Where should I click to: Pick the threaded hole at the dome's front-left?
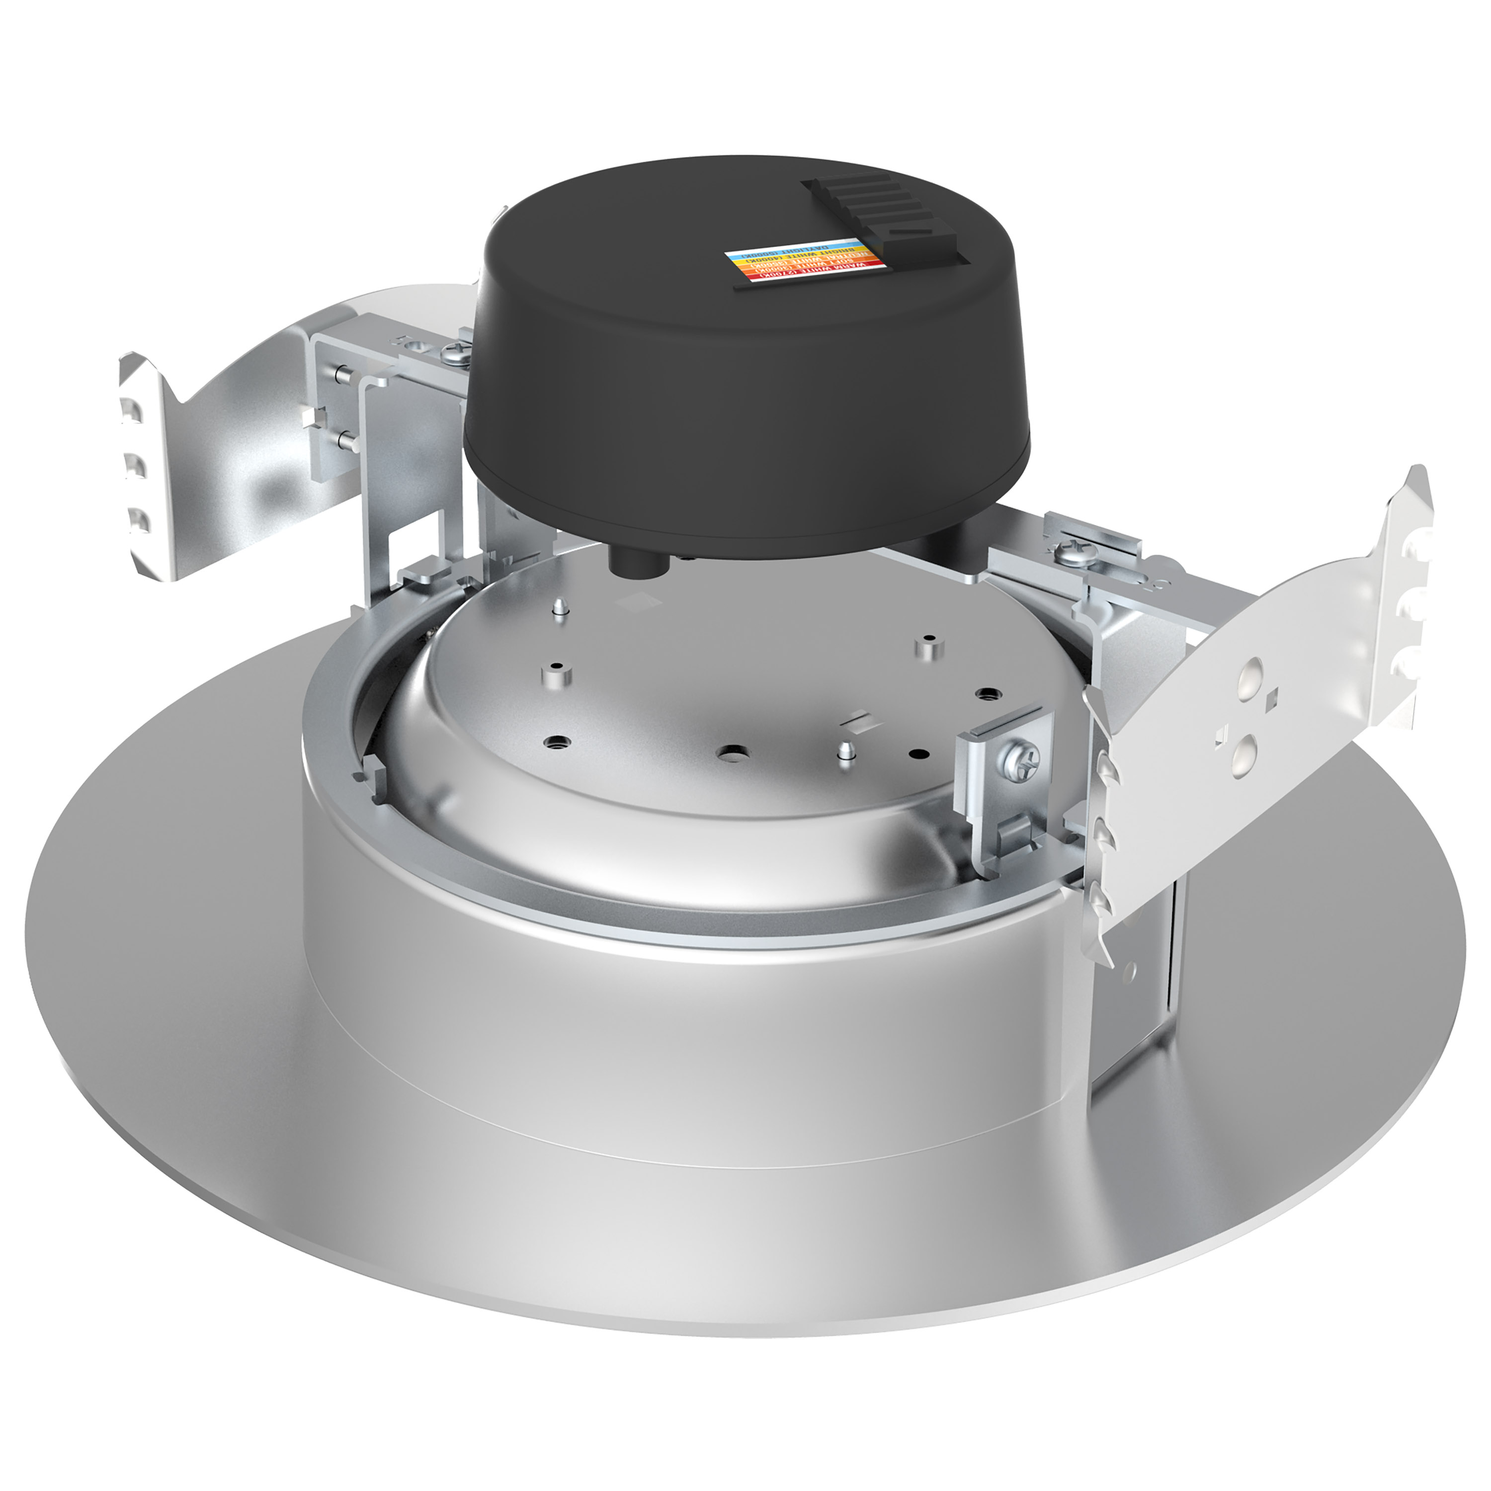pos(554,743)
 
